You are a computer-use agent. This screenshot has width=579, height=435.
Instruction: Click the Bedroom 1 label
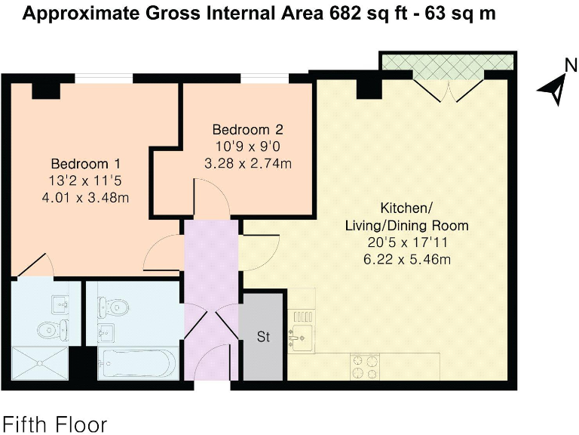(x=86, y=163)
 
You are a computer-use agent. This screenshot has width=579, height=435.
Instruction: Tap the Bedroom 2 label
(x=248, y=129)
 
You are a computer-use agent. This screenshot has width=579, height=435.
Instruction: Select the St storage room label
(x=263, y=337)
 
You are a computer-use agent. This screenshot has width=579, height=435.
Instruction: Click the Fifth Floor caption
(x=54, y=424)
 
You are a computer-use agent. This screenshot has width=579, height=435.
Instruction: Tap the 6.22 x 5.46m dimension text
(x=407, y=259)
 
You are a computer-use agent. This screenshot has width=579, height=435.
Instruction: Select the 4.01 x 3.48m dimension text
(x=86, y=198)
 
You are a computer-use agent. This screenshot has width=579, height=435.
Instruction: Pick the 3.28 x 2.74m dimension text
(x=248, y=163)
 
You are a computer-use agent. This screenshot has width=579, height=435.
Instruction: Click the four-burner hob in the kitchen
(x=365, y=367)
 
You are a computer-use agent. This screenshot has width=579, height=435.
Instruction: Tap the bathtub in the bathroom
(x=138, y=363)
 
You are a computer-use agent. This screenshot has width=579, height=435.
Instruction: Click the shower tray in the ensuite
(x=40, y=363)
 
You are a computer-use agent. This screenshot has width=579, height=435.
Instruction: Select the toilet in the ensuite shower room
(x=53, y=329)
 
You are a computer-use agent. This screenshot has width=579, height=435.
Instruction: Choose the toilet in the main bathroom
(x=113, y=307)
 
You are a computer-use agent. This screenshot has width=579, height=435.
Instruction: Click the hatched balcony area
(x=448, y=62)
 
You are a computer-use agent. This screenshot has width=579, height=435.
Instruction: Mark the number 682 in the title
(x=345, y=14)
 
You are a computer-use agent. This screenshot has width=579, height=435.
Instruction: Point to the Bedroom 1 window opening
(x=104, y=78)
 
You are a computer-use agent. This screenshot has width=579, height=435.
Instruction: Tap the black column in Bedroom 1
(x=46, y=91)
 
